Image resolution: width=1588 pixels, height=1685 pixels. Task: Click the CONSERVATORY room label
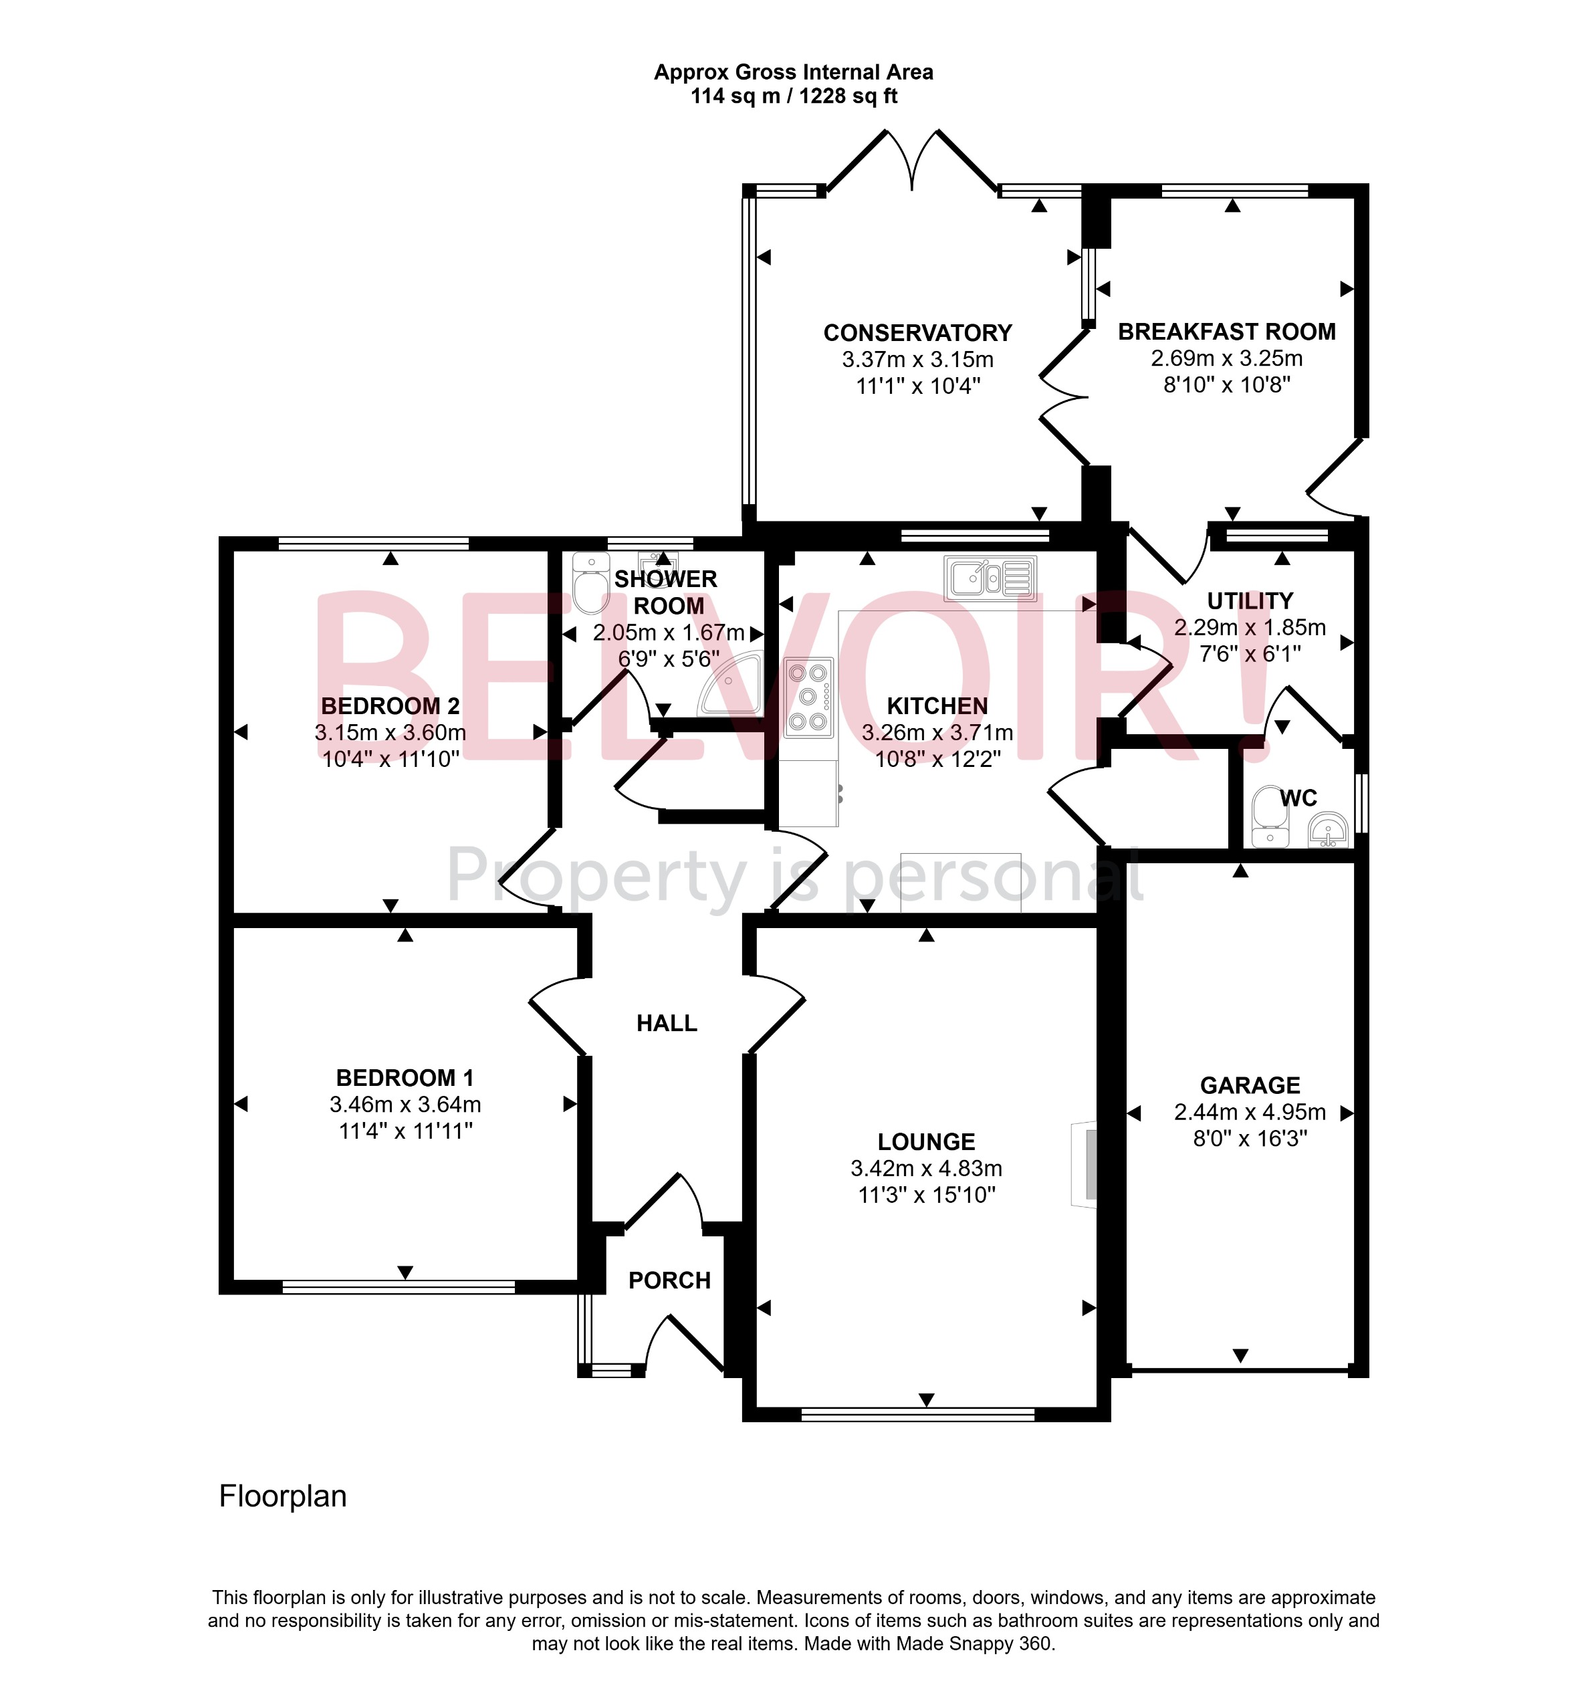coord(918,333)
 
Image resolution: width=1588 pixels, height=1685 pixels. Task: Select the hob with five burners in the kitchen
coord(808,697)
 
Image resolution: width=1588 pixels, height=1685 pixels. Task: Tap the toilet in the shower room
coord(590,582)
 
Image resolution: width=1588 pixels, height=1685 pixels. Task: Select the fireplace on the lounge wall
coord(1085,1165)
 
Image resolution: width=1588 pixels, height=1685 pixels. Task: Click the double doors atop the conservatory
coord(912,161)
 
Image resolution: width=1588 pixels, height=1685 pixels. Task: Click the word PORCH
coord(669,1280)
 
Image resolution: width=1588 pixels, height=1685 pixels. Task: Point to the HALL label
coord(667,1024)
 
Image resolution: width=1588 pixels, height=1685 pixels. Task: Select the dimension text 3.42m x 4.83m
coord(926,1169)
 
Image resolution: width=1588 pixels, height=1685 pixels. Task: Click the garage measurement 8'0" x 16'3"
coord(1250,1138)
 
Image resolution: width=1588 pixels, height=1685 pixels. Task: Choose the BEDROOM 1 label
coord(405,1078)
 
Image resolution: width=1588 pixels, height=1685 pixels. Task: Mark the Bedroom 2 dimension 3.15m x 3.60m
coord(390,732)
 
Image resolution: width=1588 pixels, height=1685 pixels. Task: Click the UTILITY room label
coord(1250,601)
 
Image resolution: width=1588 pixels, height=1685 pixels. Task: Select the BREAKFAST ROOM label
coord(1226,332)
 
